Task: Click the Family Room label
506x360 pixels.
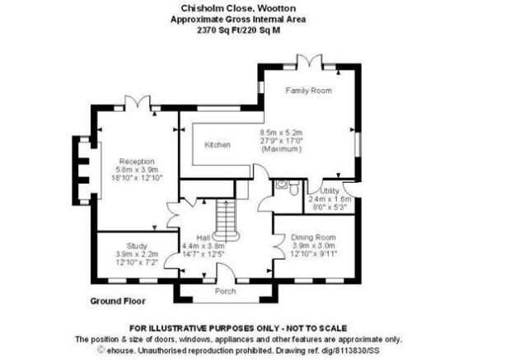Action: pyautogui.click(x=308, y=91)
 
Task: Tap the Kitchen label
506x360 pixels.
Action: pyautogui.click(x=218, y=145)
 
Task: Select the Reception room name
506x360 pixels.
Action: pyautogui.click(x=137, y=161)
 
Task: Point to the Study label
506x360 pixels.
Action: pyautogui.click(x=137, y=245)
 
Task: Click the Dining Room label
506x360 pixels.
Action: pyautogui.click(x=313, y=237)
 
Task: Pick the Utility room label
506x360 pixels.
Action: pyautogui.click(x=330, y=190)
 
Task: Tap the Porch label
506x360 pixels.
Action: pyautogui.click(x=225, y=292)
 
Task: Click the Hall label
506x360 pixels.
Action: pyautogui.click(x=204, y=238)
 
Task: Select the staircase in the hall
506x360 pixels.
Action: pyautogui.click(x=227, y=220)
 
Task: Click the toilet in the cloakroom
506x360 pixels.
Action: pyautogui.click(x=294, y=188)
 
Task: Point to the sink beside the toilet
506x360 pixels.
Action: pyautogui.click(x=282, y=185)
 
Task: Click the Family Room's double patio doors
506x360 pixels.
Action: pyautogui.click(x=309, y=61)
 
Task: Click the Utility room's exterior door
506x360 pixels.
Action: pyautogui.click(x=350, y=189)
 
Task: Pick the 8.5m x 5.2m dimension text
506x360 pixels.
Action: pyautogui.click(x=281, y=133)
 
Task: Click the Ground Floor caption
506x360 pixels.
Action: pyautogui.click(x=118, y=302)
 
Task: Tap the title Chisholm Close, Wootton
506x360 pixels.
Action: pyautogui.click(x=238, y=8)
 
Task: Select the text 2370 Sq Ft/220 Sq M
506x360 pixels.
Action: pyautogui.click(x=238, y=30)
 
